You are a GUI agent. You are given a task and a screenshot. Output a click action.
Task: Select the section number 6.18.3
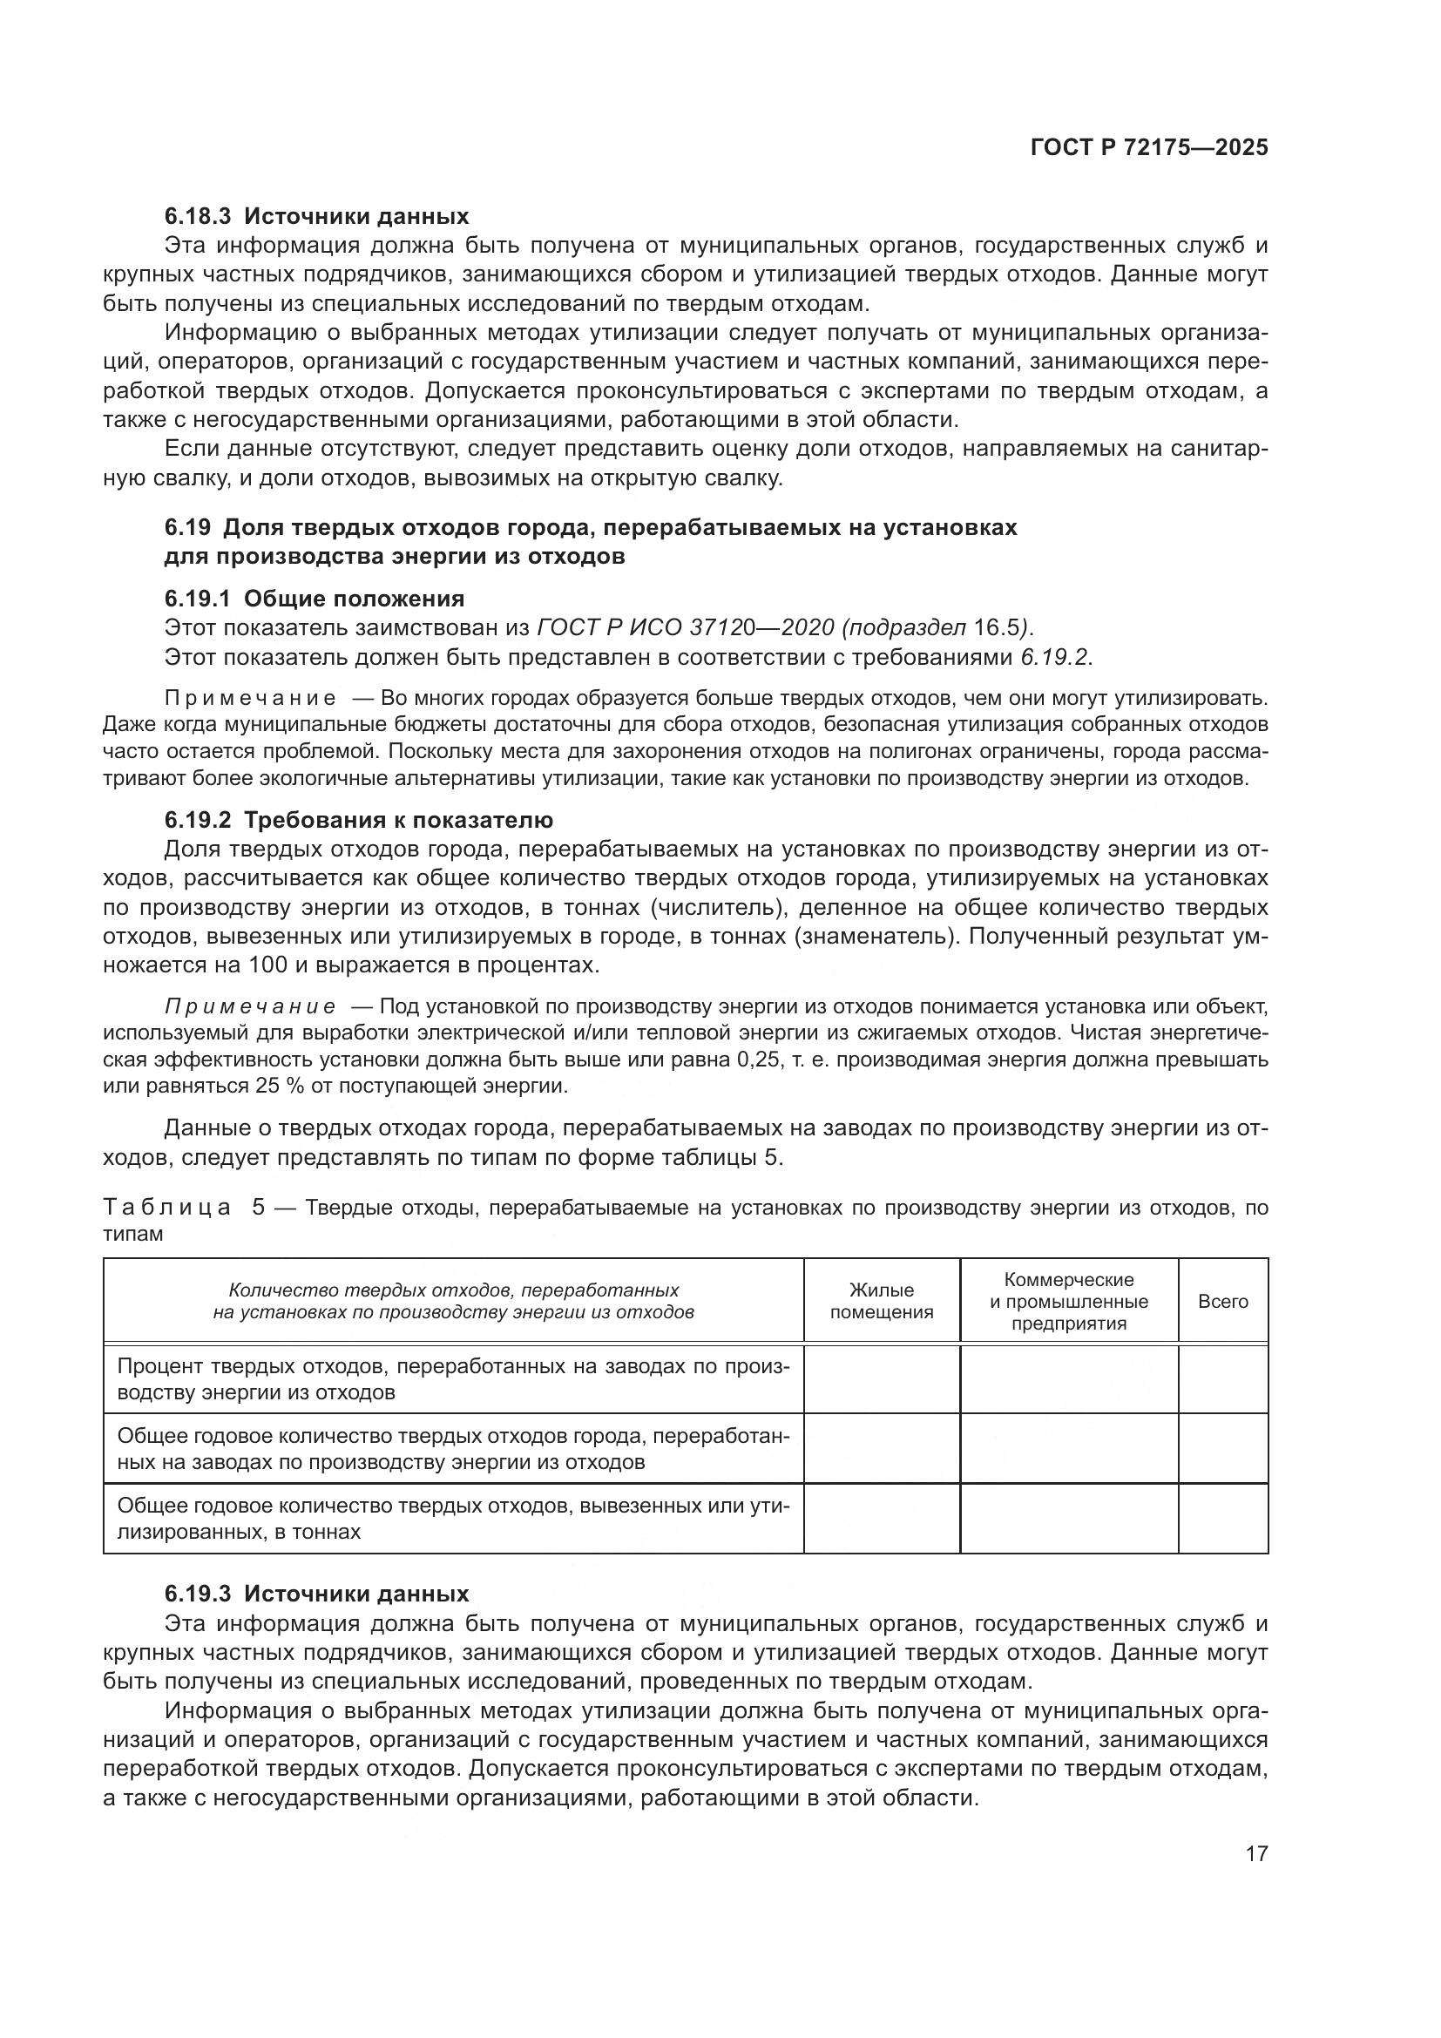coord(197,216)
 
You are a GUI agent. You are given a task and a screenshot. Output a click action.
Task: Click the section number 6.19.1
coord(197,599)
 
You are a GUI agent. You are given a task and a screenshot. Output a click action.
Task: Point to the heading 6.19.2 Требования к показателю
coord(358,819)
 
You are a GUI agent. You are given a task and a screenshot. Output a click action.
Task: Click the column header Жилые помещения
coord(881,1301)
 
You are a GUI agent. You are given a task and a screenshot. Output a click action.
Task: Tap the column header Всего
coord(1222,1301)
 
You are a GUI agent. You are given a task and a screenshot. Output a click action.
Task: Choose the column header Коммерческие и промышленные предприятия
coord(1068,1301)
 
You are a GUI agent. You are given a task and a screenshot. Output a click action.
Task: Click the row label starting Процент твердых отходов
coord(452,1378)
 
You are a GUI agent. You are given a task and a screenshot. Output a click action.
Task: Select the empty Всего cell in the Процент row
coord(1222,1378)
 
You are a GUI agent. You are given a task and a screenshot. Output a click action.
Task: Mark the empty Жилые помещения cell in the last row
coord(881,1519)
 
